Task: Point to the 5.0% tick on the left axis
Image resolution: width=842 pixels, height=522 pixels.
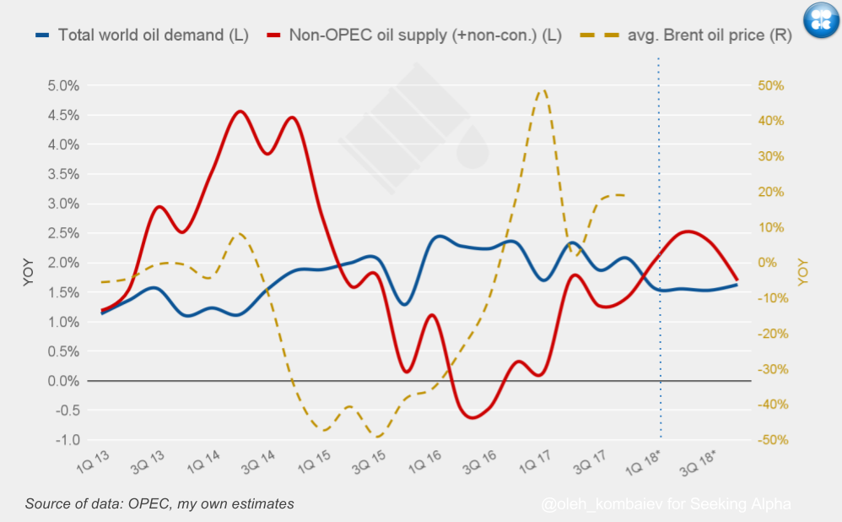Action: (63, 85)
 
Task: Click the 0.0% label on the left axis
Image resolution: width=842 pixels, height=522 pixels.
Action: (63, 381)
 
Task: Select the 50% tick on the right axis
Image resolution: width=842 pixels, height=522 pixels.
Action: (771, 85)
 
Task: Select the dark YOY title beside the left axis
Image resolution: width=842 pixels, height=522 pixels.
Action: (29, 272)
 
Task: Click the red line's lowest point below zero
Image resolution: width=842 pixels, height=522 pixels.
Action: (471, 417)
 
